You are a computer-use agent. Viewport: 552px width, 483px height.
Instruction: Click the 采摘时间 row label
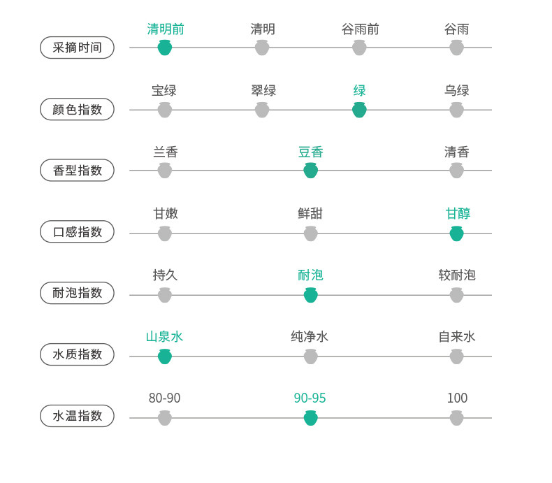[x=77, y=48]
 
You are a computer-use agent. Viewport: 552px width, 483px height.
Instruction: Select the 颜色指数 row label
[x=77, y=109]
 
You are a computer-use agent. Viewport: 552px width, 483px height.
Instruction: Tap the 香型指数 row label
[x=77, y=170]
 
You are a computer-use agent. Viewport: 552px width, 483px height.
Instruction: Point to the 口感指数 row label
[x=77, y=231]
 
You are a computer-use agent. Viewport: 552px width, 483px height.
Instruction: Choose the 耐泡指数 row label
[x=77, y=293]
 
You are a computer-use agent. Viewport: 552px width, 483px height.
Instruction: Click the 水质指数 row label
[x=77, y=354]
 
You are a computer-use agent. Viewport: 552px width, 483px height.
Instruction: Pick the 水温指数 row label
[x=77, y=416]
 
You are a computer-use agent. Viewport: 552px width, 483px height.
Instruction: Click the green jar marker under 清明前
[x=165, y=48]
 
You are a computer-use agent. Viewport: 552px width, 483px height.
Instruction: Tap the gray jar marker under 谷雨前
[x=359, y=48]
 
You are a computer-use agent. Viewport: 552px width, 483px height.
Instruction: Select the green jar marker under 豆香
[x=311, y=171]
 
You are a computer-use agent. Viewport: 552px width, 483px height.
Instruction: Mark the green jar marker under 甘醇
[x=456, y=233]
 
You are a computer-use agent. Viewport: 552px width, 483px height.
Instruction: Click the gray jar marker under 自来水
[x=456, y=356]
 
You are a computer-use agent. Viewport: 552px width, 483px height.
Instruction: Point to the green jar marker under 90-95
[x=311, y=418]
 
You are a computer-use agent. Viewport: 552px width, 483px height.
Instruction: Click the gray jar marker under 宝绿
[x=165, y=110]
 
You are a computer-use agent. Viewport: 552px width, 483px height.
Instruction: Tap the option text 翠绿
[x=263, y=91]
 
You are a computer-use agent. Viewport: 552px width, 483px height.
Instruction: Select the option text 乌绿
[x=456, y=91]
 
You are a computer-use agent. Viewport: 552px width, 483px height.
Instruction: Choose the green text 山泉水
[x=164, y=337]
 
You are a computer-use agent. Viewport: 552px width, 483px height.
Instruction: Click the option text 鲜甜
[x=310, y=214]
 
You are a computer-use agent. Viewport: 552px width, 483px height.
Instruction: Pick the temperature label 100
[x=457, y=398]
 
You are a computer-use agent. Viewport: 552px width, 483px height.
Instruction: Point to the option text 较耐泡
[x=456, y=275]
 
